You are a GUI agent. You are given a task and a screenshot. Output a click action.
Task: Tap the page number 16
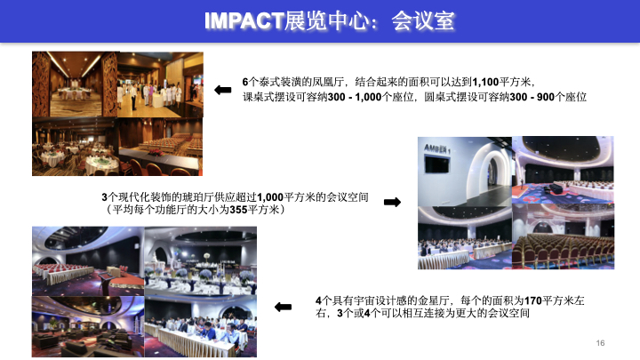point(601,343)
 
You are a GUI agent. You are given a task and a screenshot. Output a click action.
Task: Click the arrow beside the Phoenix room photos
point(223,89)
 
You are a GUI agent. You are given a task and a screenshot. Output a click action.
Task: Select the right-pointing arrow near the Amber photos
point(391,203)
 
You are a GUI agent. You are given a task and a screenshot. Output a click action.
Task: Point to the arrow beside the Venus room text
point(283,308)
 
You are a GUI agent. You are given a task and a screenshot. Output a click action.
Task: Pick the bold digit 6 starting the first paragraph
point(244,81)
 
